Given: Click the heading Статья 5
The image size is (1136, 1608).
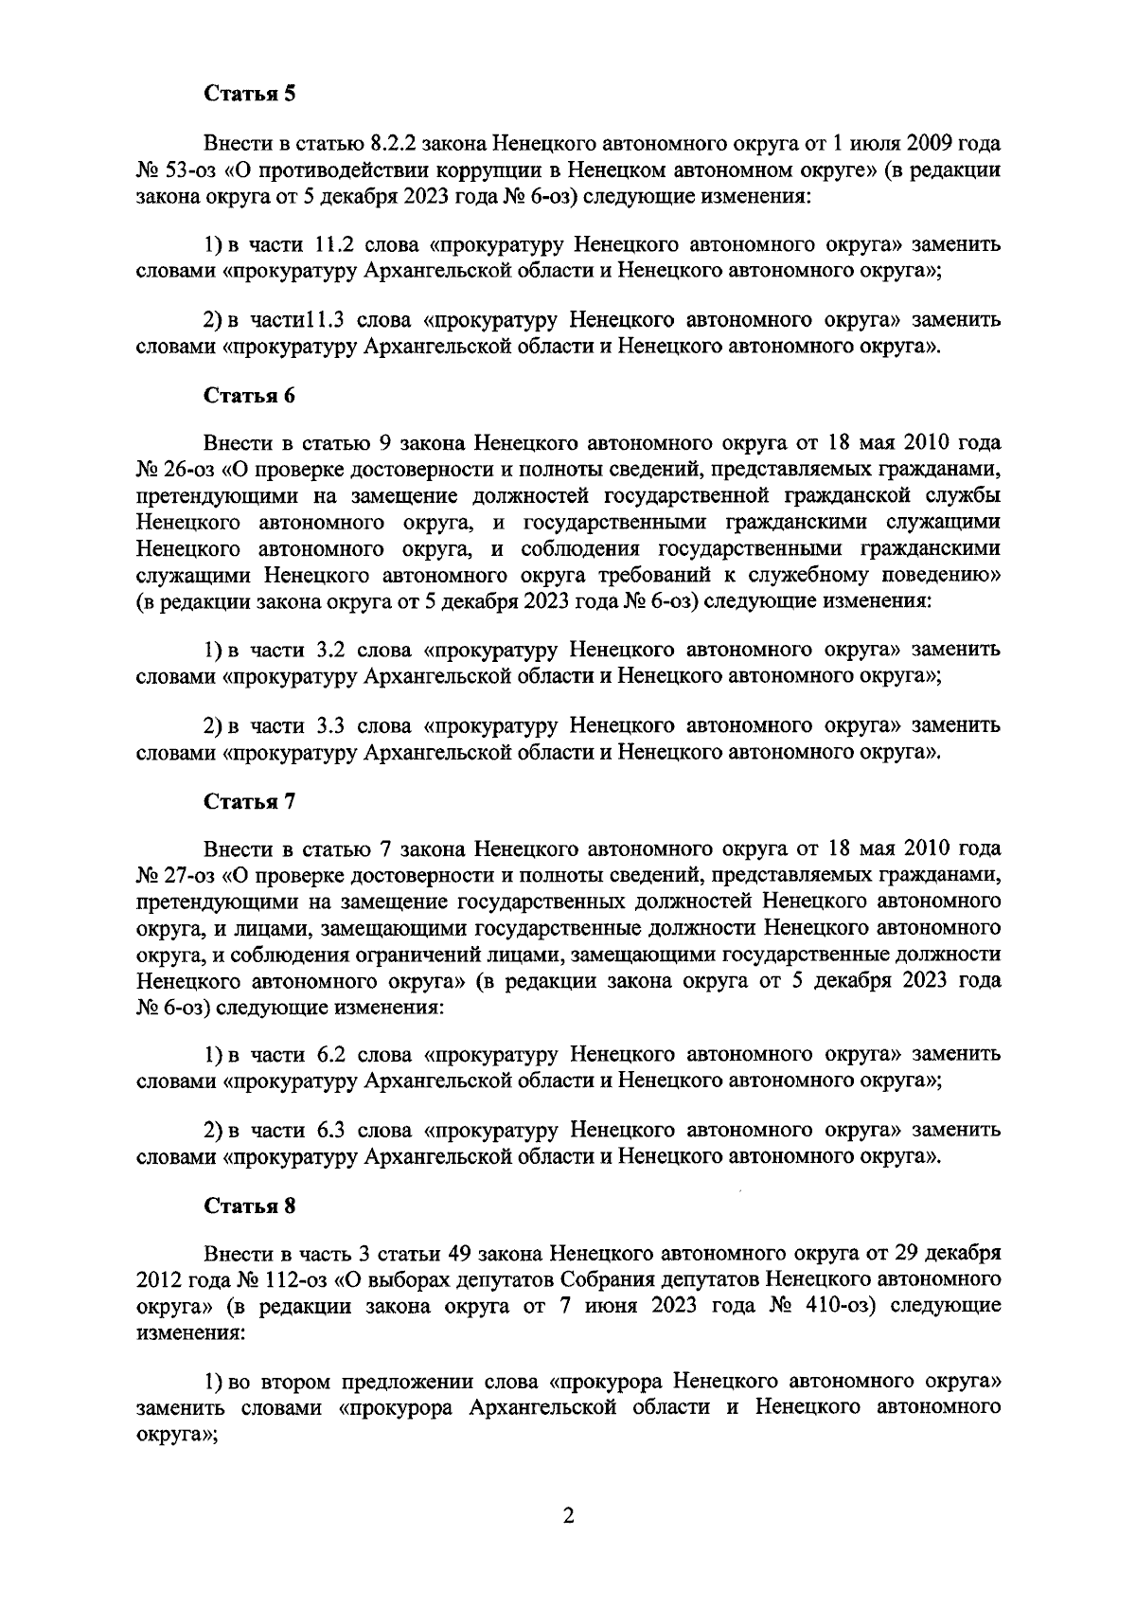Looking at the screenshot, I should pos(251,94).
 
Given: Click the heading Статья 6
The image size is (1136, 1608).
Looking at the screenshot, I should pos(251,396).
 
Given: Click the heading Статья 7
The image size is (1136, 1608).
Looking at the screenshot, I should pos(251,801).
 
